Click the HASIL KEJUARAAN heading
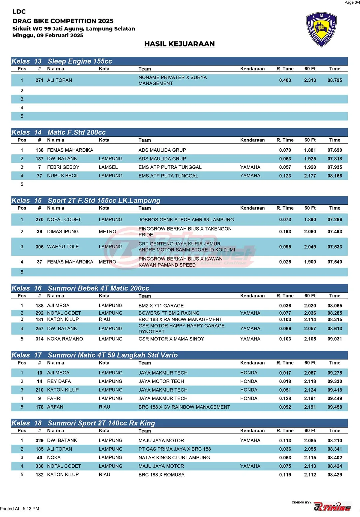[x=179, y=44]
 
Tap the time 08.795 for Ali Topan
[x=334, y=80]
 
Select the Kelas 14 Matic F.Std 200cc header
[x=76, y=132]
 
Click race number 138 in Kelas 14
[x=39, y=150]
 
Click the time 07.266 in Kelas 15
[x=334, y=219]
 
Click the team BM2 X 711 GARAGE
[x=161, y=306]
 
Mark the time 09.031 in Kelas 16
[x=334, y=339]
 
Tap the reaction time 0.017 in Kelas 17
[x=285, y=373]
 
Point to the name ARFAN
[x=55, y=407]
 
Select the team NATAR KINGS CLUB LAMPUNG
[x=174, y=458]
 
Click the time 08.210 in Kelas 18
[x=334, y=440]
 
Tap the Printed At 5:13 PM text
[x=20, y=509]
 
